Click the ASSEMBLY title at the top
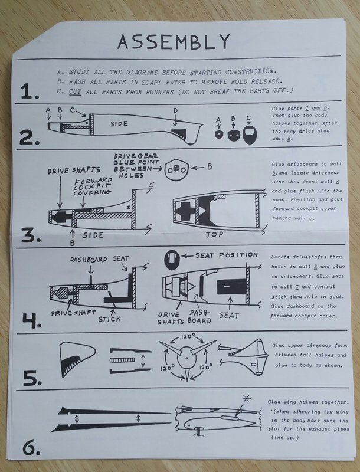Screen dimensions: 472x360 (x=172, y=41)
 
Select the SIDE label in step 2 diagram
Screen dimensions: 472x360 (x=120, y=125)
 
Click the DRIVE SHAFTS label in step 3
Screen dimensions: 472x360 (x=64, y=171)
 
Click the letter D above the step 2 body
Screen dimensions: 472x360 (x=175, y=110)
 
